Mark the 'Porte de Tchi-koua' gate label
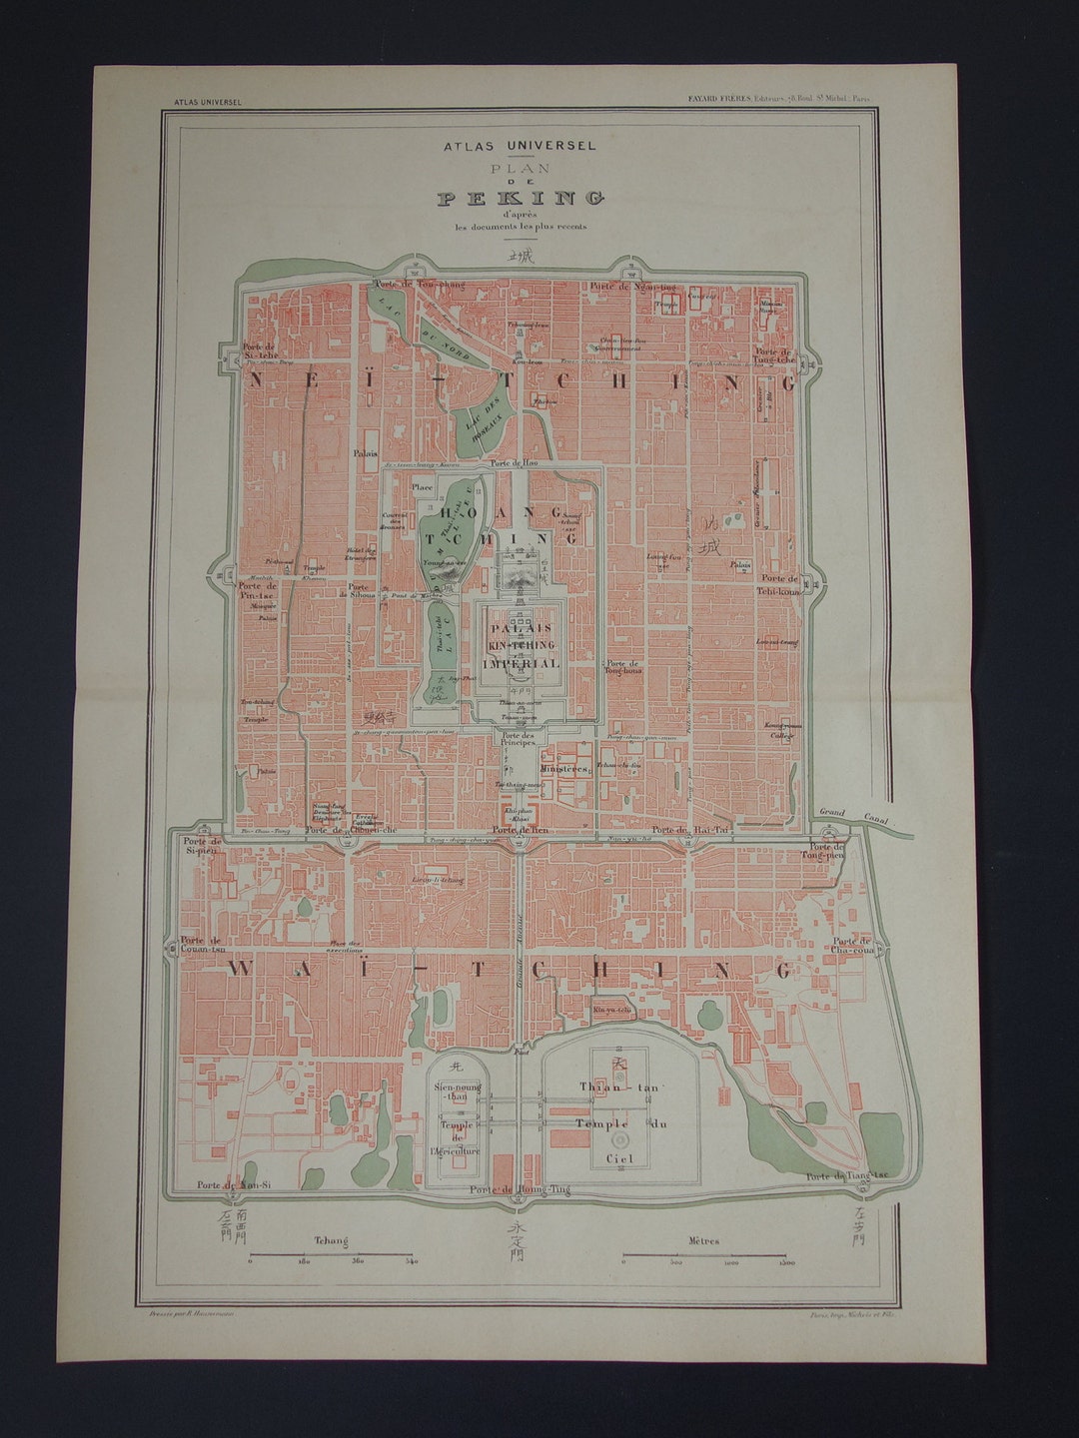click(x=778, y=584)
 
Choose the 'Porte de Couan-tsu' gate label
click(x=203, y=946)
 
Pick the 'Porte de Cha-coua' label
click(x=852, y=946)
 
